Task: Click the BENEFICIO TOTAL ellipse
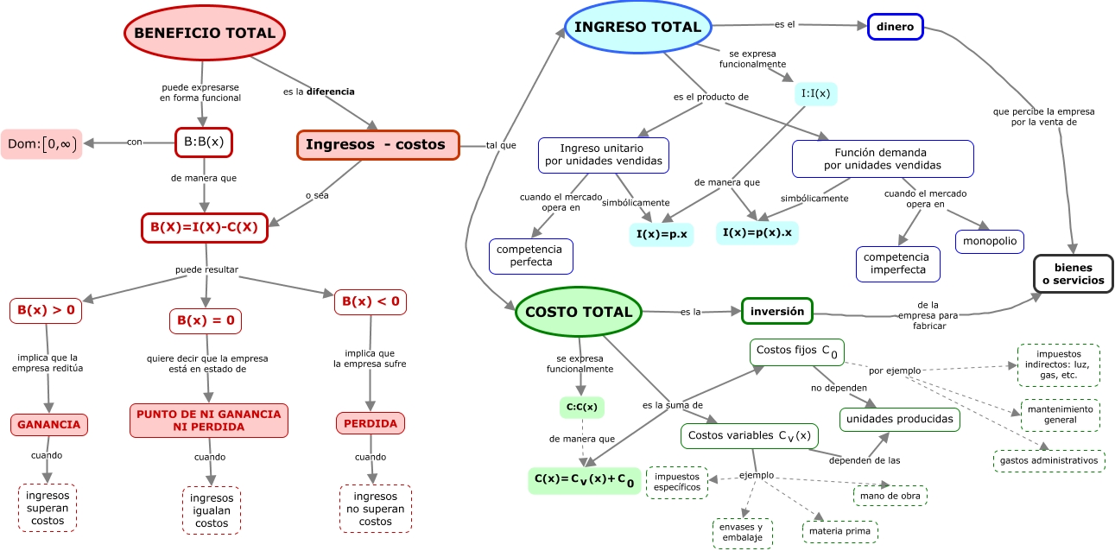[x=205, y=34]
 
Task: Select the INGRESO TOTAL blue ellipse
[x=637, y=27]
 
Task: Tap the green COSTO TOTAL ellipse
[x=579, y=312]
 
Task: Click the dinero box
[x=895, y=27]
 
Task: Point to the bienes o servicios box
[x=1073, y=274]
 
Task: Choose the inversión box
[x=776, y=311]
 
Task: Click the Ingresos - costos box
[x=377, y=145]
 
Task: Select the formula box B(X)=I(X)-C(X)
[x=204, y=228]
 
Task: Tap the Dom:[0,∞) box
[x=41, y=144]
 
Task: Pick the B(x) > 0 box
[x=46, y=309]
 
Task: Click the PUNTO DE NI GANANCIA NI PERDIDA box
[x=208, y=421]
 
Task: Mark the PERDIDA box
[x=371, y=424]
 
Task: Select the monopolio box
[x=989, y=241]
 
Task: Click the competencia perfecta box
[x=531, y=255]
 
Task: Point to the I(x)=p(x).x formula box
[x=757, y=232]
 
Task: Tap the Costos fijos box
[x=796, y=350]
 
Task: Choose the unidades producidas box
[x=899, y=419]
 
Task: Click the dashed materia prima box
[x=839, y=531]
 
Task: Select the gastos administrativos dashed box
[x=1048, y=460]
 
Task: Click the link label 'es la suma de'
[x=672, y=404]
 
